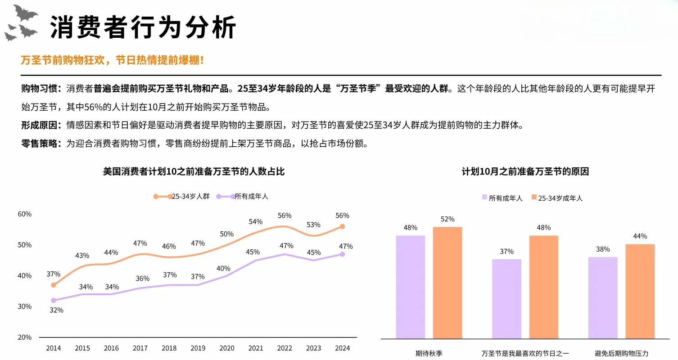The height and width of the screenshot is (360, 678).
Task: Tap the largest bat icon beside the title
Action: tap(25, 13)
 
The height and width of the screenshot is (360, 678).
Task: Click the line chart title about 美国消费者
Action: tap(194, 171)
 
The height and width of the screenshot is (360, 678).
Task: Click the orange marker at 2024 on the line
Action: tap(342, 226)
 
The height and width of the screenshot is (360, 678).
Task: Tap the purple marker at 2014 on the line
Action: tap(54, 300)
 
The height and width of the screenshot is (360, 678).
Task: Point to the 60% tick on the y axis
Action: tap(25, 214)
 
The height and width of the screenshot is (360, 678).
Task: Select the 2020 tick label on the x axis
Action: tap(227, 348)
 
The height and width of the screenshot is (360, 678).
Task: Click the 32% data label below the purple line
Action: tap(56, 310)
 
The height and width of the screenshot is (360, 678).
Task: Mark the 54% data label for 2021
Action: tap(255, 222)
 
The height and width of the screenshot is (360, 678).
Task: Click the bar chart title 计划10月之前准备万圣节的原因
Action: tap(525, 171)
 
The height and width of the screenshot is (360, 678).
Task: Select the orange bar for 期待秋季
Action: tap(447, 283)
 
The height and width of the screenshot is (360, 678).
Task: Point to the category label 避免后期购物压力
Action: tap(621, 354)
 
